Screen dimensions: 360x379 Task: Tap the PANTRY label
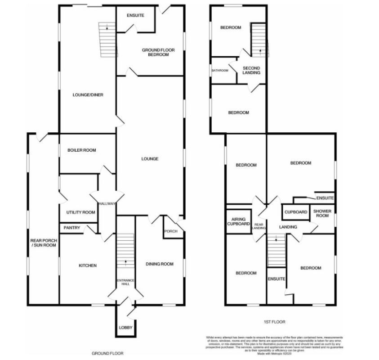point(71,228)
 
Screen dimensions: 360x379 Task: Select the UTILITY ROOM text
point(80,212)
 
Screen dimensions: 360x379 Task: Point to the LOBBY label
point(125,328)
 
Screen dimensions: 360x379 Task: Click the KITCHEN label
point(88,266)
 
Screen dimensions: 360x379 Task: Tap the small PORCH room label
point(171,232)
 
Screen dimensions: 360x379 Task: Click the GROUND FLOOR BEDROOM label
point(155,52)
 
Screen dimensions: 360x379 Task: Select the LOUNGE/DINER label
point(85,95)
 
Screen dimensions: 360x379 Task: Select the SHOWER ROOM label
point(322,214)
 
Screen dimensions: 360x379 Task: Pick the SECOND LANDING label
point(251,70)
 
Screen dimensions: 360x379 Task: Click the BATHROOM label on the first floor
point(220,70)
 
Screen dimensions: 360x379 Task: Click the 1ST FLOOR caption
point(275,322)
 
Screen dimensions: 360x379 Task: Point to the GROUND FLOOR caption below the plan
point(107,354)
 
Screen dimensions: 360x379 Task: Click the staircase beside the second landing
point(259,40)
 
